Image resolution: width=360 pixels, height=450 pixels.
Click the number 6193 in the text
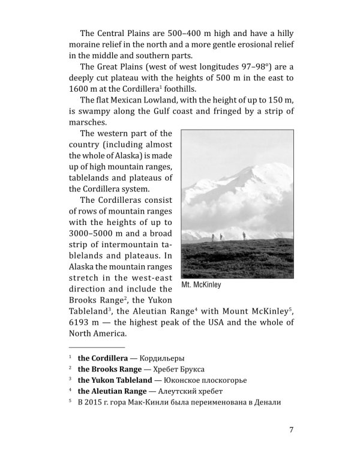[x=80, y=323]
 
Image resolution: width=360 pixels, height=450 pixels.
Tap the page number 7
[x=291, y=429]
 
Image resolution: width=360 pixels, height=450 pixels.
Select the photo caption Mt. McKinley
[x=201, y=285]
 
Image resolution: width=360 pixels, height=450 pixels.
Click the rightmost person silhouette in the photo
[x=244, y=235]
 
